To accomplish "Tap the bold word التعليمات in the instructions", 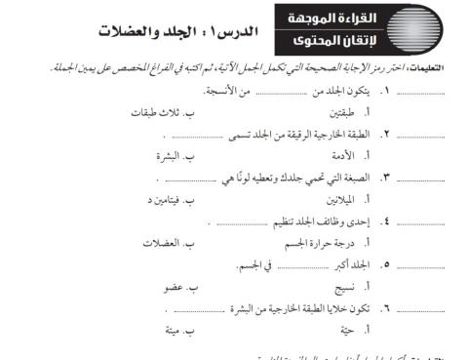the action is click(444, 68).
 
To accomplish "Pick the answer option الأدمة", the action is click(334, 155).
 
